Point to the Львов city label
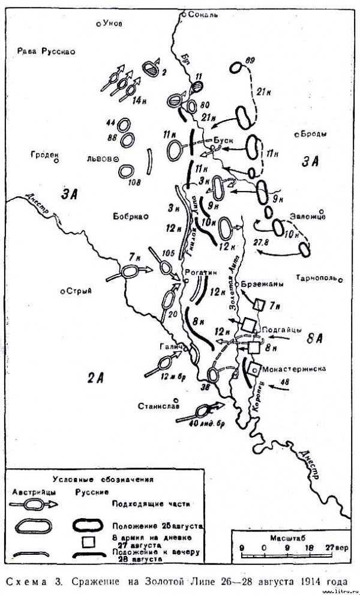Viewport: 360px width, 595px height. tap(99, 159)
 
